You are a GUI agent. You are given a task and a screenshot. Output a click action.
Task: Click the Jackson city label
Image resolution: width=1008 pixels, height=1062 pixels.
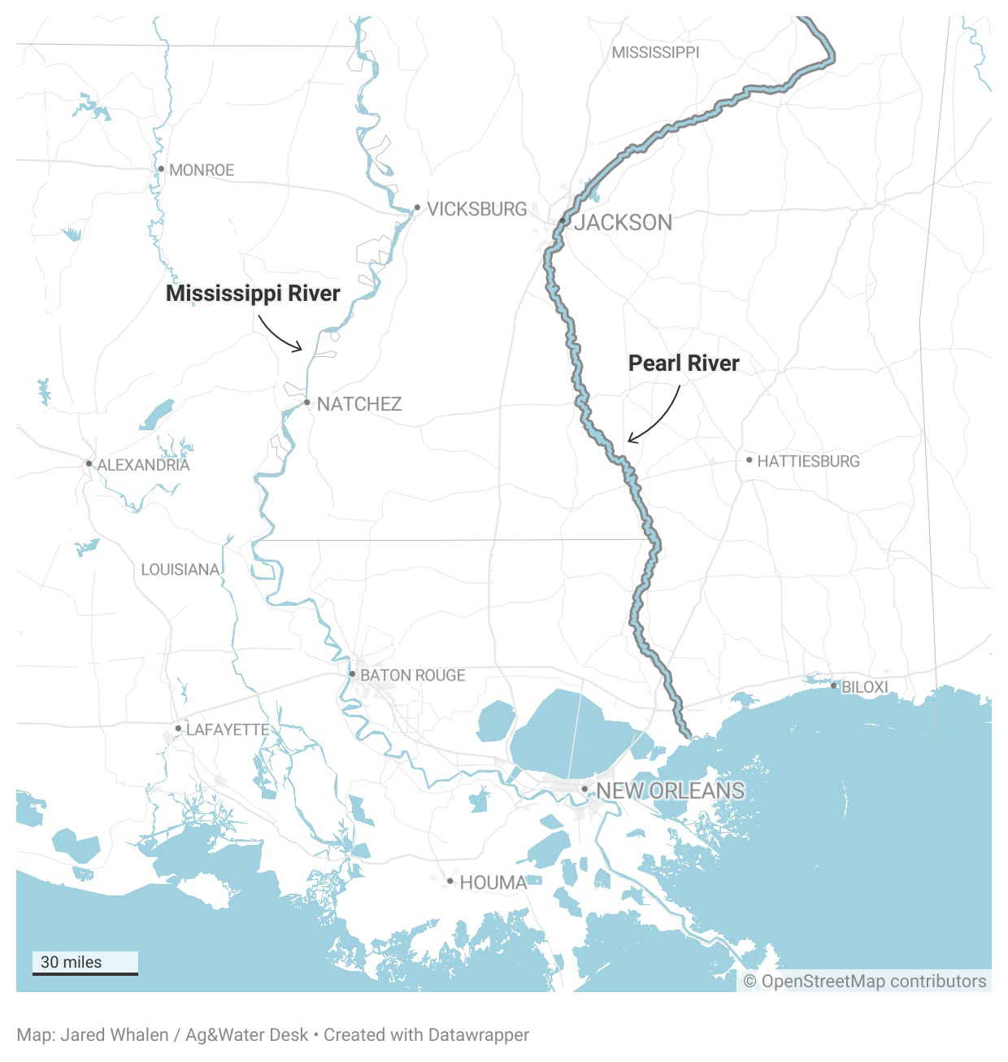click(623, 222)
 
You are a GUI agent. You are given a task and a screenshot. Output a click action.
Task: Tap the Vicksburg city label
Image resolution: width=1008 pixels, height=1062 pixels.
click(476, 209)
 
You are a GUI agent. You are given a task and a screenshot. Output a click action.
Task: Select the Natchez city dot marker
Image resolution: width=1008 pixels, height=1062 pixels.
click(306, 403)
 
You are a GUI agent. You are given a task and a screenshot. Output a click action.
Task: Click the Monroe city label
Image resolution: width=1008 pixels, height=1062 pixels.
click(201, 170)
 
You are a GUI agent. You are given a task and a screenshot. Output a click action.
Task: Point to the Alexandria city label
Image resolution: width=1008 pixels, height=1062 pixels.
click(143, 465)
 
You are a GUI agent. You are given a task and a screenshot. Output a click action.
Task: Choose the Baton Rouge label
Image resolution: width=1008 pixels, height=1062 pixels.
click(412, 675)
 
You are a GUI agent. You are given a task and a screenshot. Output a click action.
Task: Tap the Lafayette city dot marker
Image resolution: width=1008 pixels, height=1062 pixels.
click(178, 729)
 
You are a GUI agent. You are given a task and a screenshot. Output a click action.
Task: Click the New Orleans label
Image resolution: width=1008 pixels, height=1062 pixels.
click(670, 790)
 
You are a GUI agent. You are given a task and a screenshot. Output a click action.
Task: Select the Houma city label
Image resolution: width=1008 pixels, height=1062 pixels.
click(493, 881)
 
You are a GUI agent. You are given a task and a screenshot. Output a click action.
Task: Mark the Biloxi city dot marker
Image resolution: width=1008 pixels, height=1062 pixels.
click(833, 686)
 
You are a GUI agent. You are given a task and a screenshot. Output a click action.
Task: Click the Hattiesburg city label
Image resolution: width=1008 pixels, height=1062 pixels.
click(808, 461)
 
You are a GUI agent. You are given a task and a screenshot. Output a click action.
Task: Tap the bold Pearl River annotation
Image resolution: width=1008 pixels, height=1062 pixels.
click(684, 363)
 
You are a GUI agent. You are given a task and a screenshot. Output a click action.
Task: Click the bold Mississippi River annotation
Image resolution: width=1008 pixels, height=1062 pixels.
click(253, 293)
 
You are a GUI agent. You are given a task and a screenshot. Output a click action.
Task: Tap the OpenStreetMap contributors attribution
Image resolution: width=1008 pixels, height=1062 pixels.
click(865, 981)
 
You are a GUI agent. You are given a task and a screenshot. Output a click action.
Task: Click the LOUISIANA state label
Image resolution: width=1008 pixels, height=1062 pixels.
click(180, 569)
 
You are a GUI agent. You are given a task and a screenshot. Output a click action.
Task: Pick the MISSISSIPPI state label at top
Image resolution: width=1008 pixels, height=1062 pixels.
click(655, 52)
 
